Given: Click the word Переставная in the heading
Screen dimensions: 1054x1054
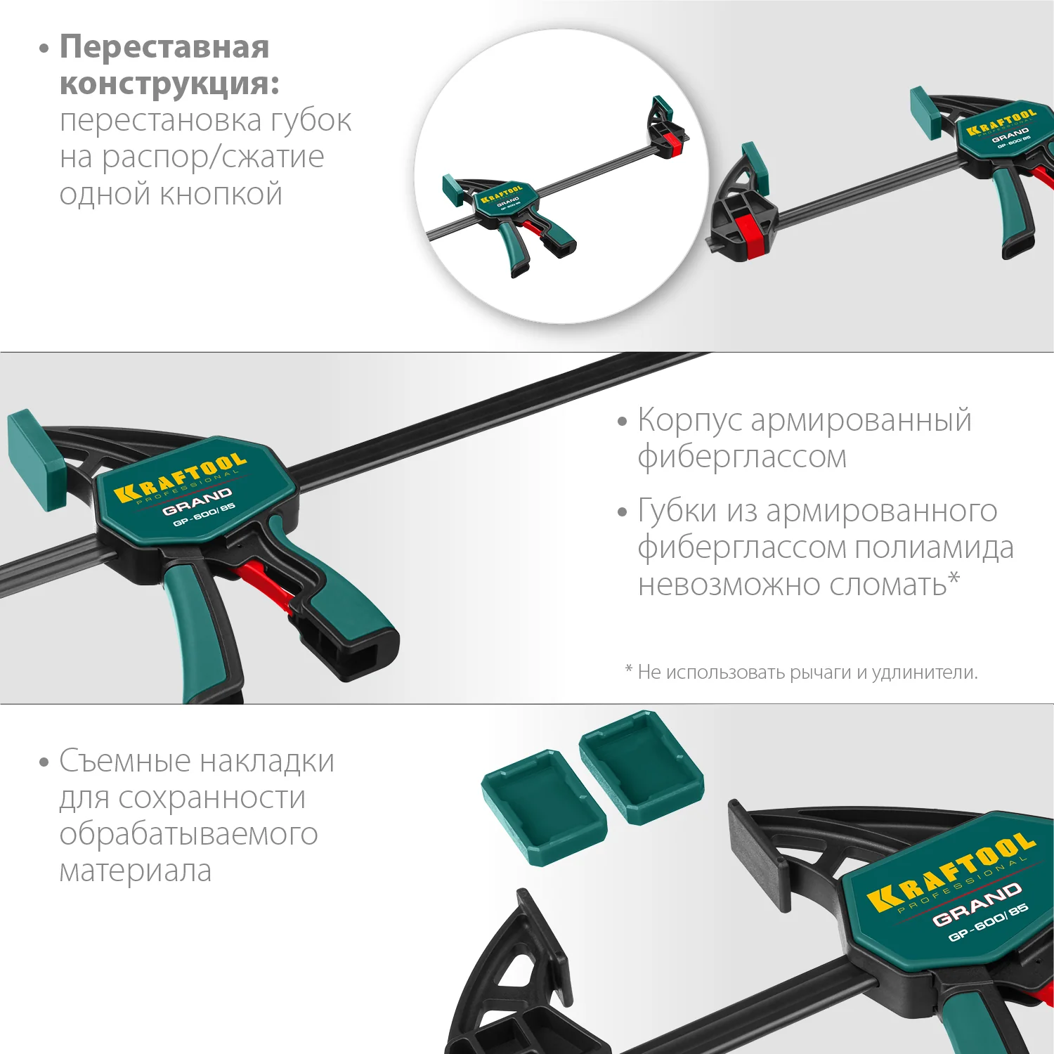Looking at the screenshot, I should [164, 48].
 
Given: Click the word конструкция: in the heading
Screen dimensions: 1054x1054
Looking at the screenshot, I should [169, 84].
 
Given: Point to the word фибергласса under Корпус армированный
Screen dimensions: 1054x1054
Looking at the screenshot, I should [742, 457].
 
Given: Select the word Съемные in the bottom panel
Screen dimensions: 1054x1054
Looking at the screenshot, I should [125, 762].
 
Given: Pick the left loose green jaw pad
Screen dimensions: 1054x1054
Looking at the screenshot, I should [543, 805].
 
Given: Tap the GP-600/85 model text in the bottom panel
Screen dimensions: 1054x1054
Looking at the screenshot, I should [988, 923].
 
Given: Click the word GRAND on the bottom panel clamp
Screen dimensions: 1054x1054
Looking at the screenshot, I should [977, 904].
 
